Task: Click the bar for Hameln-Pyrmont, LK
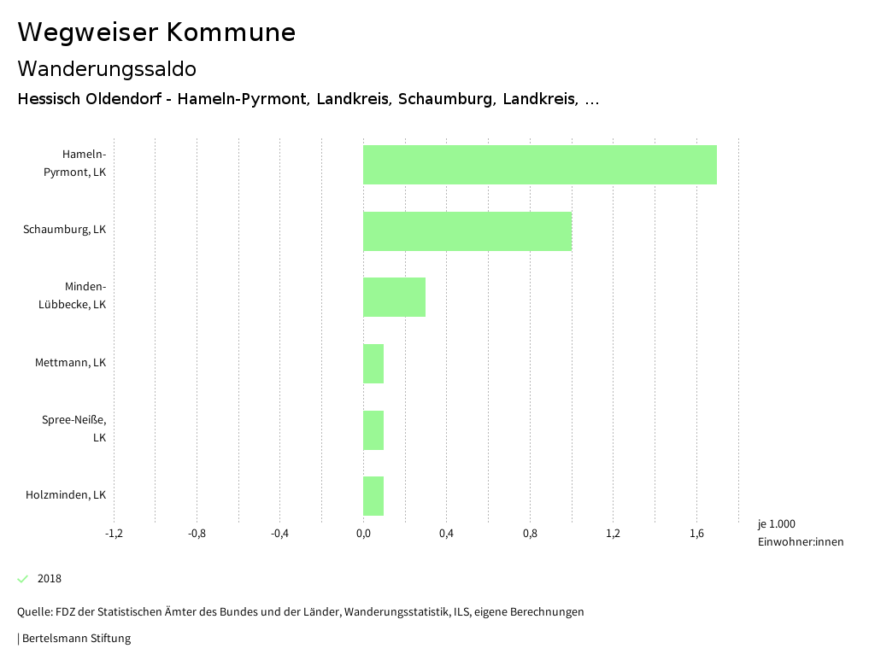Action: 539,165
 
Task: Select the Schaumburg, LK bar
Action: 467,231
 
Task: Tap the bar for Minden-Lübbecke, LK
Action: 394,297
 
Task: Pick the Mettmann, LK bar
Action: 373,364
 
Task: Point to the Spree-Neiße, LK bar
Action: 373,430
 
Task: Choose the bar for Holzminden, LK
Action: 373,496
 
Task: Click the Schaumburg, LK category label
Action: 65,230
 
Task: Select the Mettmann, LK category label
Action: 71,363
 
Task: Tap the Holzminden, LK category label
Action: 66,495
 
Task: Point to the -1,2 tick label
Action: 114,535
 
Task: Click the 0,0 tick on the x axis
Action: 363,535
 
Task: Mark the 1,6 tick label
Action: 696,535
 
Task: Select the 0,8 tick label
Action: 530,535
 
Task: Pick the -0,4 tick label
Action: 279,535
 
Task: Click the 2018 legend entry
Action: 50,579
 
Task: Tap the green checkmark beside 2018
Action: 23,579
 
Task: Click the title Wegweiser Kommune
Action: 156,32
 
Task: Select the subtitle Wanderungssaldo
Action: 107,68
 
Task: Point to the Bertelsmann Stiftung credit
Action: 75,639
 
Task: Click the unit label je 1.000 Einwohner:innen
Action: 800,533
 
